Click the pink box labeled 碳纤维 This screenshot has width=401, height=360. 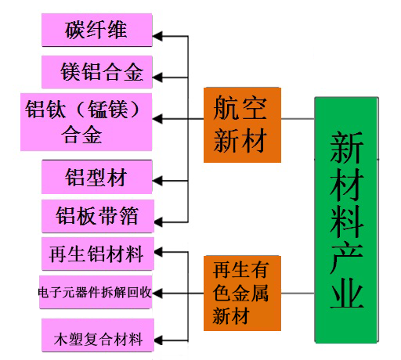coord(97,31)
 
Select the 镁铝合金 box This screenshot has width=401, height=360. coord(97,72)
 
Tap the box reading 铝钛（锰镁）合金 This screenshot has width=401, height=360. coord(86,122)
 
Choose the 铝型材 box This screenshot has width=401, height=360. coord(97,177)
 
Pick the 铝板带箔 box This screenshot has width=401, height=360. coord(98,216)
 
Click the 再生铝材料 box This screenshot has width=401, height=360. coord(98,254)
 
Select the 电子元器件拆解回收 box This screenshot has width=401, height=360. coord(96,292)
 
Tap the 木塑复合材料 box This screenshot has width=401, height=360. coord(98,335)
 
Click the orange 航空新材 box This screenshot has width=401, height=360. coord(242,125)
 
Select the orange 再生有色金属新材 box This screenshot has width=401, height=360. coord(242,293)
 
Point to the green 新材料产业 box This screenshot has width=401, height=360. coord(346,220)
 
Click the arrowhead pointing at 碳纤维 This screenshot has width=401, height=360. coord(157,36)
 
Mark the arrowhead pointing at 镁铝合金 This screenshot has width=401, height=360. coord(157,77)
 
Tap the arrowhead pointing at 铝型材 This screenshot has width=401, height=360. coord(157,181)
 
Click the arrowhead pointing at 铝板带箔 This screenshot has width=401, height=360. coord(159,222)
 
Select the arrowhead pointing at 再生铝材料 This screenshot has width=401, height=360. coord(159,252)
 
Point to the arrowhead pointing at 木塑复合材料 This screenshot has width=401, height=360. coord(159,340)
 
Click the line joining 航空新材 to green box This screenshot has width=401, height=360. coord(298,119)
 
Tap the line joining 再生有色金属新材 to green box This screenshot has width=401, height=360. coord(298,293)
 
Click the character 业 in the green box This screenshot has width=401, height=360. coord(347,293)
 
